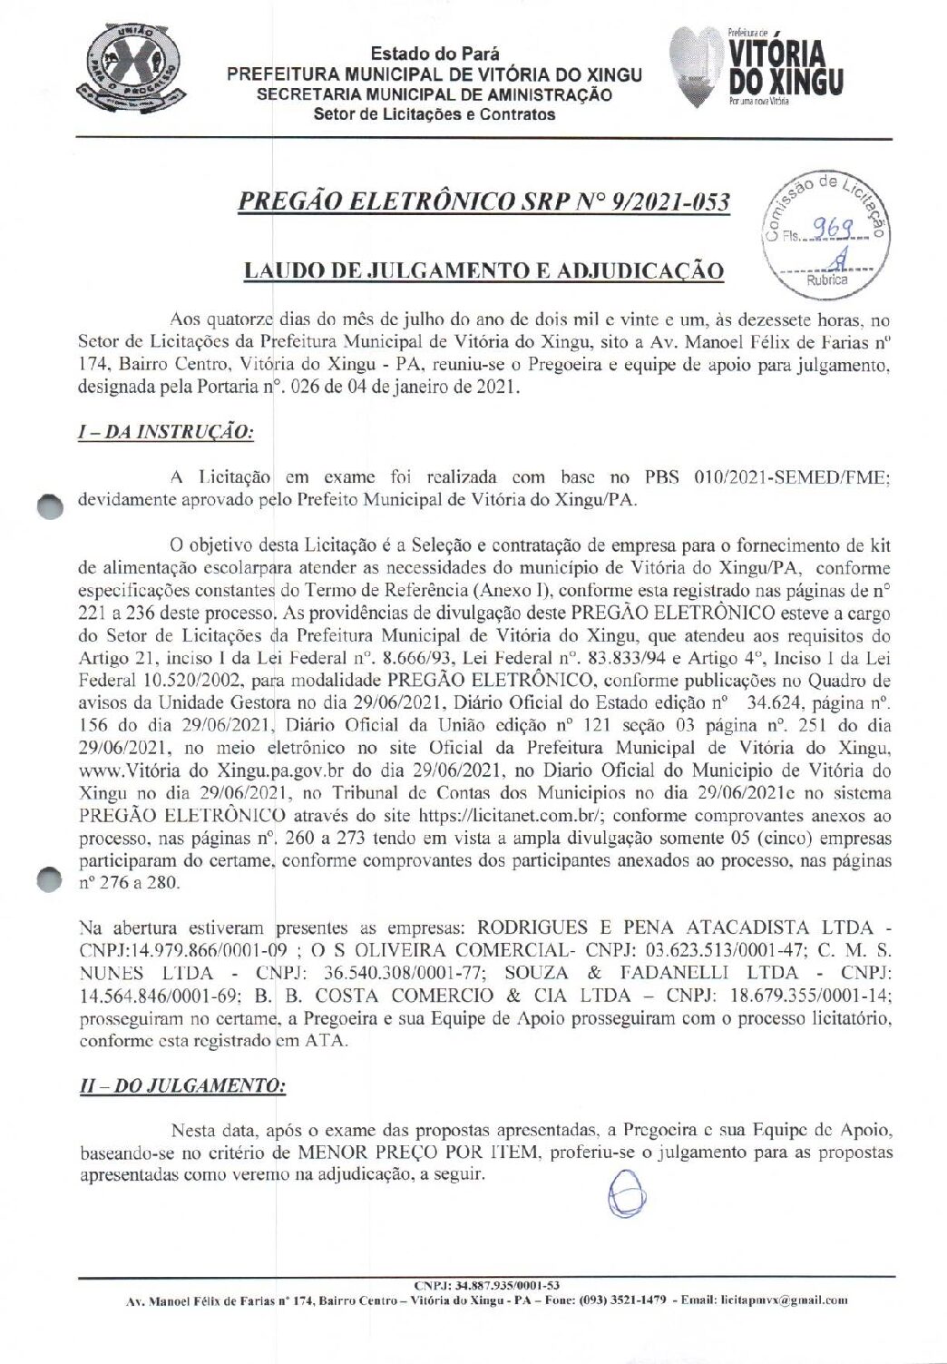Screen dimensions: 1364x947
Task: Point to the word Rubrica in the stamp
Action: pyautogui.click(x=826, y=280)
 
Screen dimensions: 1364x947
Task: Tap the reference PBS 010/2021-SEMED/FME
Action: pyautogui.click(x=761, y=477)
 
